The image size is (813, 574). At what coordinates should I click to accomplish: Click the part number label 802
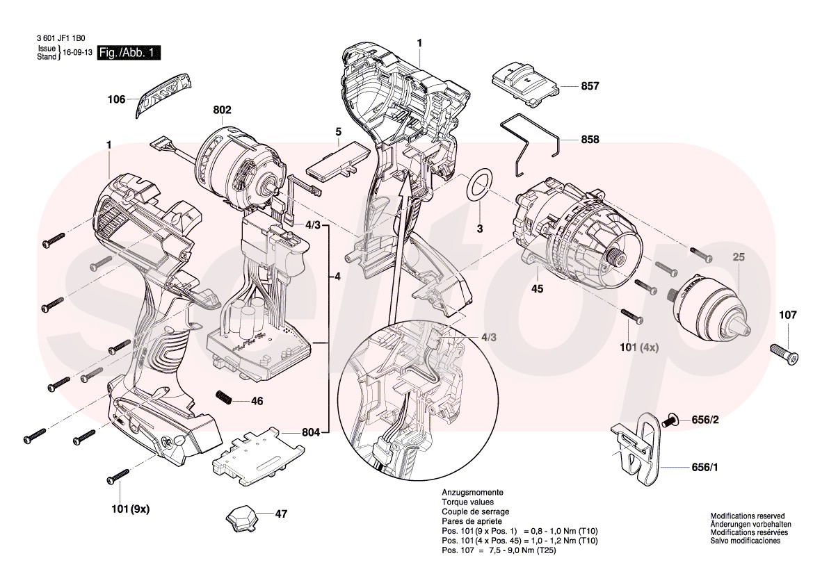(223, 110)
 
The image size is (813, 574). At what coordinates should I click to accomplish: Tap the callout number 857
(590, 87)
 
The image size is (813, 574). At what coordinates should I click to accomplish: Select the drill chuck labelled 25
(712, 306)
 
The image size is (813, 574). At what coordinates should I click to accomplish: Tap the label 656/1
(705, 468)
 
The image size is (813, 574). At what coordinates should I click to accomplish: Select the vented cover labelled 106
(163, 93)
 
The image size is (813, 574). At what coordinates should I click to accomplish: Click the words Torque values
(467, 502)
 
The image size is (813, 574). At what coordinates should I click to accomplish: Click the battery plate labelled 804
(257, 457)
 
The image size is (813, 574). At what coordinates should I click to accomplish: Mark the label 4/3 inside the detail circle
(489, 337)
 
